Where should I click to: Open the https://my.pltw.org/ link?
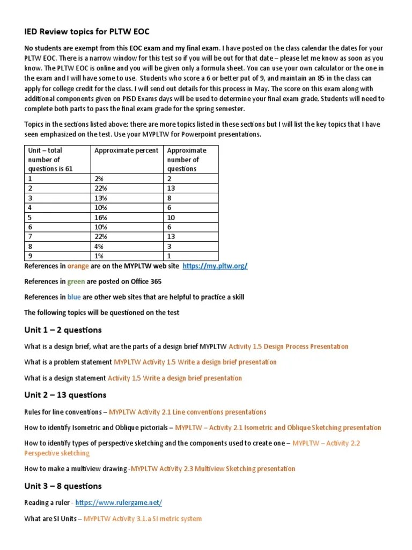tap(215, 266)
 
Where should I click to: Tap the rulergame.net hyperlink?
tap(119, 503)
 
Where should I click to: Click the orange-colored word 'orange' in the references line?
tap(78, 266)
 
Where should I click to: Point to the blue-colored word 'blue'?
tap(74, 297)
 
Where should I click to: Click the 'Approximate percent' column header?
tap(127, 151)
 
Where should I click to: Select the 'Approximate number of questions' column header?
tap(186, 160)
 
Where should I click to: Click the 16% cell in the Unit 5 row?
tap(101, 218)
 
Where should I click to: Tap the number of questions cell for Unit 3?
tap(170, 198)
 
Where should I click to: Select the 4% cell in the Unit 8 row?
tap(100, 247)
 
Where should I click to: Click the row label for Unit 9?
tap(31, 256)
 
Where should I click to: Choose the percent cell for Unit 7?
tap(101, 237)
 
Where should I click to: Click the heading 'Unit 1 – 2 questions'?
tap(63, 330)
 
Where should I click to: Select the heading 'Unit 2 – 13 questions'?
tap(65, 395)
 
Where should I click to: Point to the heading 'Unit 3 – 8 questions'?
tap(63, 486)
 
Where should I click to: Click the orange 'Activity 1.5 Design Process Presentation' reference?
tap(288, 346)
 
